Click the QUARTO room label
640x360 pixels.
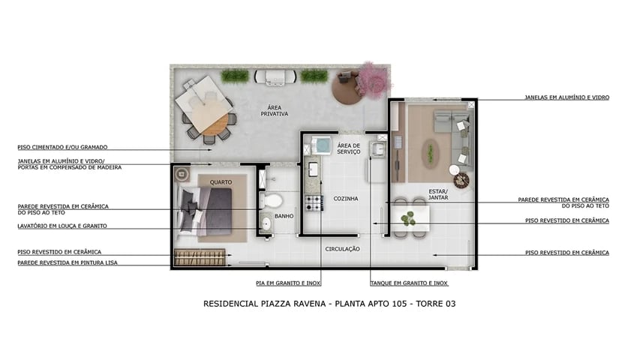tap(220, 182)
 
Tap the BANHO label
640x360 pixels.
tap(284, 216)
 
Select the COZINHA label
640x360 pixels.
tap(345, 198)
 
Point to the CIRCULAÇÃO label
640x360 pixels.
tap(342, 248)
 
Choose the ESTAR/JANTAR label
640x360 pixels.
tap(438, 194)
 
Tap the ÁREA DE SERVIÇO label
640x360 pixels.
tap(349, 148)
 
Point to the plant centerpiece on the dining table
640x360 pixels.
tap(407, 219)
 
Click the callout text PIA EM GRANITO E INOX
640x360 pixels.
tap(287, 283)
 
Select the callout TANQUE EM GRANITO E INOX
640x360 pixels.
tap(409, 283)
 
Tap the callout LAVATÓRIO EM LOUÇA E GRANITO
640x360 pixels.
tap(62, 226)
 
